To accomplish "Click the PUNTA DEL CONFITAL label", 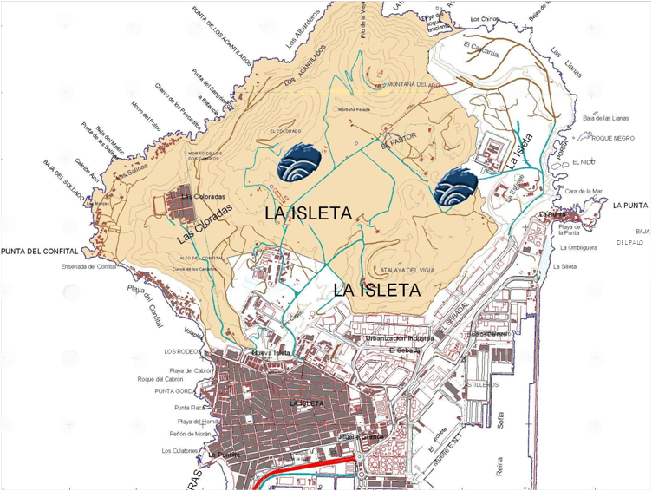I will point(39,252).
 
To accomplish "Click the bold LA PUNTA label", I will point(629,206).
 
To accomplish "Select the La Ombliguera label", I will point(579,248).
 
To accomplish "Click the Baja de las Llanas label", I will point(606,118).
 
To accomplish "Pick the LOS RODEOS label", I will point(181,351).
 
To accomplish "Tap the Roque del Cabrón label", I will point(160,380).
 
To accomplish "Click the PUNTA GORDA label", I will point(172,391).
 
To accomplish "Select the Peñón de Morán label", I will point(191,434).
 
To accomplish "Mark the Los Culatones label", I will point(179,451).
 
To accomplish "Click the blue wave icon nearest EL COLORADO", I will point(301,163).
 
